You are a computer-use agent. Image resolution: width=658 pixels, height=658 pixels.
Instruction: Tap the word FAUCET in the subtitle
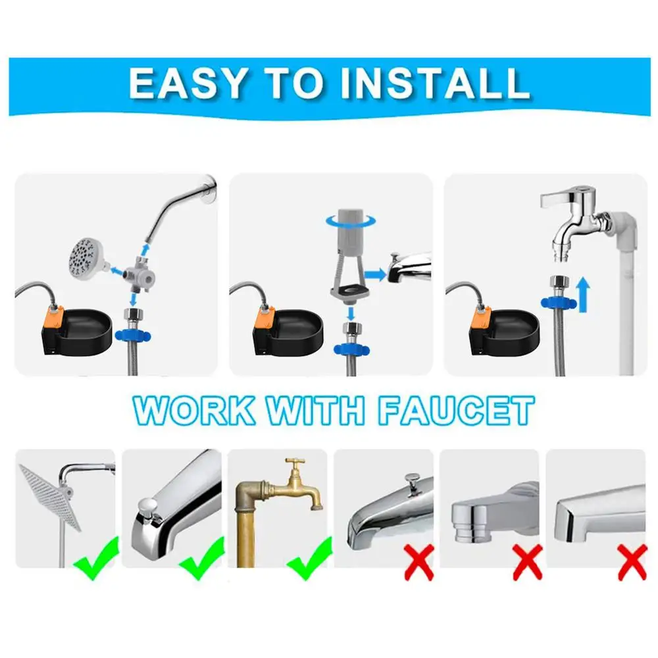click(x=456, y=411)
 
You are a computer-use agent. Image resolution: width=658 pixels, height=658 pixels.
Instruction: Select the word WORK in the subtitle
click(x=194, y=411)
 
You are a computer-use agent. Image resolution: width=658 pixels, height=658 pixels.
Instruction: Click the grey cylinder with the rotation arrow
click(x=350, y=229)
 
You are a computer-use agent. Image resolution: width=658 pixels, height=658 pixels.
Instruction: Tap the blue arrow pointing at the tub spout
click(x=375, y=275)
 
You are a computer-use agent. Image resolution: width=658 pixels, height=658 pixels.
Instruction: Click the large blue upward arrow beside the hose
click(x=583, y=296)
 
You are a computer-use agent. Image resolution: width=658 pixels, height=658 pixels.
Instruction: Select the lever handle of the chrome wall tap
click(x=558, y=198)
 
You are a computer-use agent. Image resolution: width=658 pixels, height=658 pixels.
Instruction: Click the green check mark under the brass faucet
click(x=310, y=559)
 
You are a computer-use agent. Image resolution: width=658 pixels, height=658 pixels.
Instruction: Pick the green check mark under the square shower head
click(x=96, y=559)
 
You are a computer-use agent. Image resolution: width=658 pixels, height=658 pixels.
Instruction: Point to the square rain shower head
click(x=51, y=497)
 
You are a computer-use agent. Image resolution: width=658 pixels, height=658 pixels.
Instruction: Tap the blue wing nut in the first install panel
click(x=133, y=336)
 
